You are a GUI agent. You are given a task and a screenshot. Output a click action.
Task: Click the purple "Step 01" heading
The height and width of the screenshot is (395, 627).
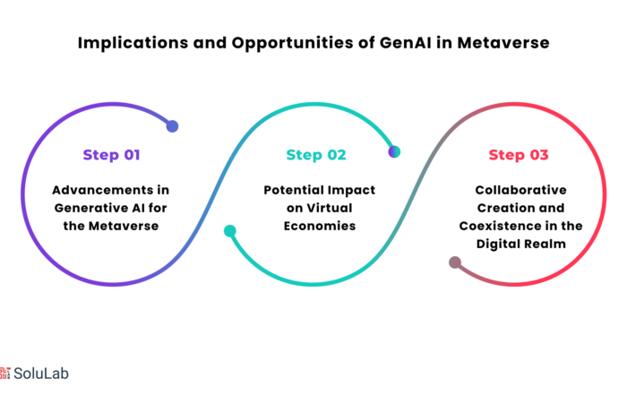(x=112, y=155)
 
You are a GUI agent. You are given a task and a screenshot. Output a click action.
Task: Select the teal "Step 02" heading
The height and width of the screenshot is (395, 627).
(x=316, y=155)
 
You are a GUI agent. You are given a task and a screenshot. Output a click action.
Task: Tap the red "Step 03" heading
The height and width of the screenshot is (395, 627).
(x=519, y=155)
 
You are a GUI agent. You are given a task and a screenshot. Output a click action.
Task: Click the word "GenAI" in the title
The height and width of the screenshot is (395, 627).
(x=406, y=43)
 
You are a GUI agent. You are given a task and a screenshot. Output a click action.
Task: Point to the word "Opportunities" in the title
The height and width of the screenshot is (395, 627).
(x=292, y=44)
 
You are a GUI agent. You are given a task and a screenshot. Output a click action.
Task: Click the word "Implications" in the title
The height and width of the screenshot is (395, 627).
(x=133, y=44)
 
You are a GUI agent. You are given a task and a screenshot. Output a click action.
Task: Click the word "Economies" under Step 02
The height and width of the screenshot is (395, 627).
(x=320, y=226)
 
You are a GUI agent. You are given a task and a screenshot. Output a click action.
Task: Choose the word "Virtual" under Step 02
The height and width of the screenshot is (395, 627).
(x=330, y=208)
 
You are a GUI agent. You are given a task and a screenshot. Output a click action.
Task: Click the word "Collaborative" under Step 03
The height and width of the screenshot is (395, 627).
(x=520, y=190)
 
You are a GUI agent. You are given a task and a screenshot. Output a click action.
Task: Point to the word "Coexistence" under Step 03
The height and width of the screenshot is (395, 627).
(x=500, y=226)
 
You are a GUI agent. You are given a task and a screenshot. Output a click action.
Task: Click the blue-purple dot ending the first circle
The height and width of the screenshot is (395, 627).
(x=172, y=126)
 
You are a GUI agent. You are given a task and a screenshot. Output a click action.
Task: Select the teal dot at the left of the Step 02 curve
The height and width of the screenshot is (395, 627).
(x=230, y=231)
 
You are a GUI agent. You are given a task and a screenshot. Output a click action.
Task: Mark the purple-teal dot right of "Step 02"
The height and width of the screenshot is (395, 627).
(x=394, y=152)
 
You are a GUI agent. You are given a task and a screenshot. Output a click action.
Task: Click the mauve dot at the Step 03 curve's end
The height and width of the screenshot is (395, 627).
(x=455, y=262)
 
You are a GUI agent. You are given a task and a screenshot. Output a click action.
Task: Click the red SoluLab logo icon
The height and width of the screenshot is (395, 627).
(x=4, y=373)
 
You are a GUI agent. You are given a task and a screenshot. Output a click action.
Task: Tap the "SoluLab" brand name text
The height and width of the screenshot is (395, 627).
(x=41, y=374)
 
